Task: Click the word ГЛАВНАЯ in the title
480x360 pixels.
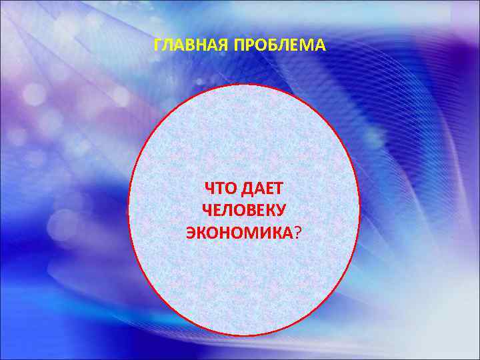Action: (185, 46)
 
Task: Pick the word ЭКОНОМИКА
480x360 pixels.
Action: (239, 231)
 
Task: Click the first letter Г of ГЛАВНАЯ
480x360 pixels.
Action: (157, 46)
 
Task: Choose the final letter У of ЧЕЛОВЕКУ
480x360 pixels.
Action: (282, 211)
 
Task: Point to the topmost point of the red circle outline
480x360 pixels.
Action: (243, 85)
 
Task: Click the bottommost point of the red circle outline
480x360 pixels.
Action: (243, 335)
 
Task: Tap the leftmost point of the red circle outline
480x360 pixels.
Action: (128, 210)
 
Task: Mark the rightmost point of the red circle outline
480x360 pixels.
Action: (359, 210)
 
